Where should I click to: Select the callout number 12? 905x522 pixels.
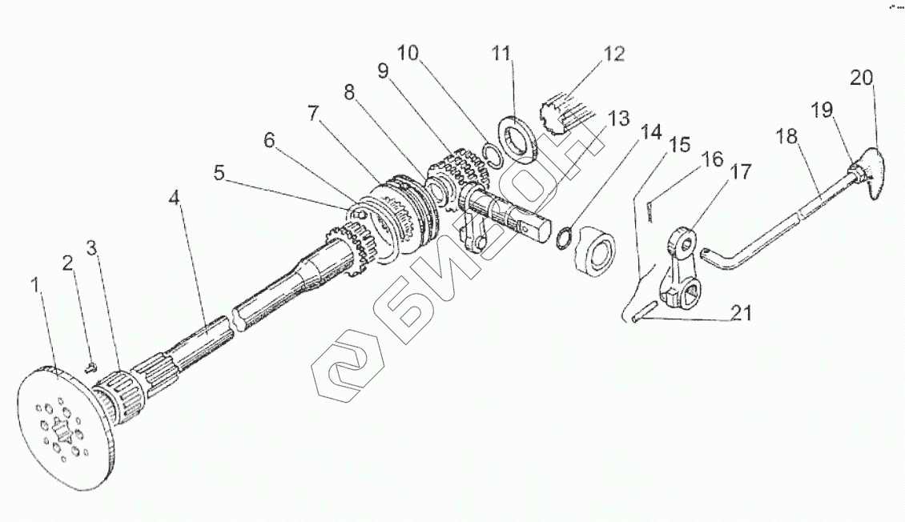click(x=613, y=54)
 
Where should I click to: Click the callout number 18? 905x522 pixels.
click(x=787, y=137)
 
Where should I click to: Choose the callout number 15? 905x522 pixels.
click(x=679, y=145)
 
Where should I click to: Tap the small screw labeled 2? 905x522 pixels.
click(x=90, y=367)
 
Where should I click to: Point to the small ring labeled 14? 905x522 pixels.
click(x=565, y=237)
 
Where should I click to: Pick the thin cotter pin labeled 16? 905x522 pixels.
click(x=650, y=208)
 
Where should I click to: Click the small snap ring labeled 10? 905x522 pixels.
click(x=494, y=155)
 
